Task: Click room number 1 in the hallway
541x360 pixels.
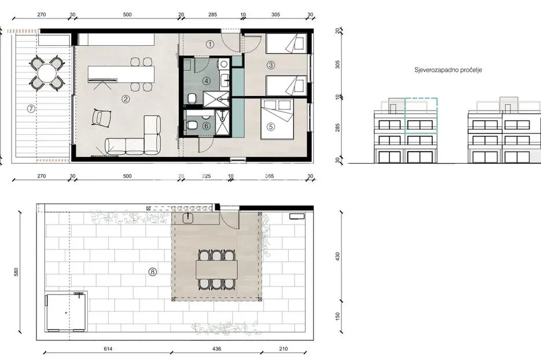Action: pyautogui.click(x=210, y=44)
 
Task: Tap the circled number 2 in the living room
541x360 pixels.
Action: pyautogui.click(x=126, y=99)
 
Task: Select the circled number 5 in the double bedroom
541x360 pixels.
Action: pyautogui.click(x=271, y=127)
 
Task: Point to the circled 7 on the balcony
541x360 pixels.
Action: pyautogui.click(x=31, y=109)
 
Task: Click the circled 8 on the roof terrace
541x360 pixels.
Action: pyautogui.click(x=153, y=272)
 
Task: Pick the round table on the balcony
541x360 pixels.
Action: pyautogui.click(x=47, y=74)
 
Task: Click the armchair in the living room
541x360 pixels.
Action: pyautogui.click(x=101, y=117)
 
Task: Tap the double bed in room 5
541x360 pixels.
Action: pyautogui.click(x=277, y=119)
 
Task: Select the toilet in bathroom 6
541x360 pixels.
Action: pyautogui.click(x=192, y=125)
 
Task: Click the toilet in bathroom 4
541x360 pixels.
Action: pyautogui.click(x=192, y=99)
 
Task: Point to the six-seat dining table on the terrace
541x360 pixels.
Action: pyautogui.click(x=216, y=270)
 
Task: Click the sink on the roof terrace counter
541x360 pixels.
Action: pyautogui.click(x=188, y=218)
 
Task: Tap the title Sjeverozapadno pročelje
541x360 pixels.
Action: pyautogui.click(x=448, y=70)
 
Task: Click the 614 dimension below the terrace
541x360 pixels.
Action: pyautogui.click(x=108, y=348)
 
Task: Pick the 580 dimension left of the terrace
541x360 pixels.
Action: pyautogui.click(x=16, y=271)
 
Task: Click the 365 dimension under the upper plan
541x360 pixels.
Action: pyautogui.click(x=269, y=176)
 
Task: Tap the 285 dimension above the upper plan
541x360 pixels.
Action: pyautogui.click(x=212, y=14)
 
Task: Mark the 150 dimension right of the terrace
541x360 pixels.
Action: pyautogui.click(x=337, y=316)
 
